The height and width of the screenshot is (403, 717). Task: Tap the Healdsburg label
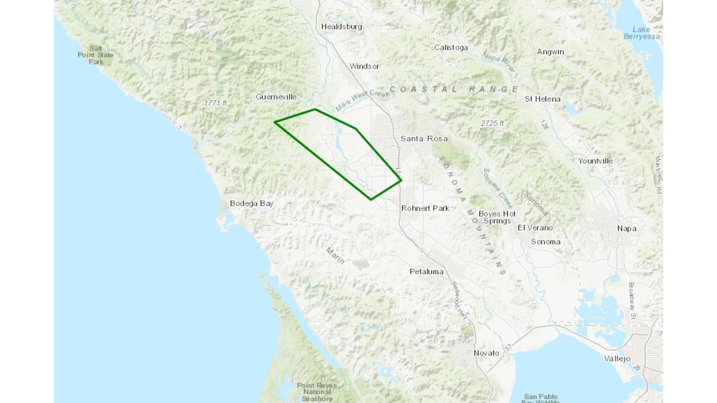pyautogui.click(x=341, y=26)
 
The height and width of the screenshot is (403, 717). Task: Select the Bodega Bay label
pyautogui.click(x=252, y=203)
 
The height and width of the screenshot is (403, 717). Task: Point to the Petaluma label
pyautogui.click(x=426, y=271)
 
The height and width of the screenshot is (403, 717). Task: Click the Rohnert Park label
pyautogui.click(x=425, y=208)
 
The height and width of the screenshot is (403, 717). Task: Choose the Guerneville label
pyautogui.click(x=276, y=97)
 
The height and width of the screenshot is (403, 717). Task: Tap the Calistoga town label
pyautogui.click(x=451, y=48)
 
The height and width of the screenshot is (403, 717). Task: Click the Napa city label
pyautogui.click(x=626, y=228)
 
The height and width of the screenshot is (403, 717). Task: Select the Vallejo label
pyautogui.click(x=617, y=358)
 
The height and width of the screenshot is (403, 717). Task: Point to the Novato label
pyautogui.click(x=486, y=353)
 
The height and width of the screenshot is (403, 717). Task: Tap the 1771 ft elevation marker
pyautogui.click(x=216, y=103)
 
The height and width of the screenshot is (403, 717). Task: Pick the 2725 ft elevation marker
pyautogui.click(x=492, y=123)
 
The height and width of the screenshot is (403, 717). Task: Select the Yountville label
pyautogui.click(x=595, y=161)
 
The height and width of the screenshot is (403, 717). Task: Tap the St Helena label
pyautogui.click(x=542, y=99)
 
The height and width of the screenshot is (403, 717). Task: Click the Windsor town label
pyautogui.click(x=364, y=66)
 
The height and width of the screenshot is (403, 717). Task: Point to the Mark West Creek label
pyautogui.click(x=362, y=99)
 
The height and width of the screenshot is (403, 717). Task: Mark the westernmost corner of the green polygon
pyautogui.click(x=274, y=121)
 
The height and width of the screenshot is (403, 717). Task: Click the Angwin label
pyautogui.click(x=550, y=51)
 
